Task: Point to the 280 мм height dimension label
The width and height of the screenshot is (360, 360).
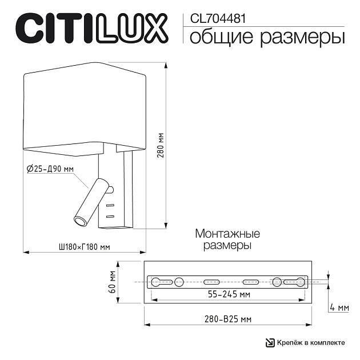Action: [161, 145]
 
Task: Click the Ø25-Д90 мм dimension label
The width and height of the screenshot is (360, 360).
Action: [50, 169]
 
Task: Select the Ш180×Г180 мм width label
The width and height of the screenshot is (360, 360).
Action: [83, 247]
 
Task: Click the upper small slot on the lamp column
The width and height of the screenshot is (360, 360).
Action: [110, 205]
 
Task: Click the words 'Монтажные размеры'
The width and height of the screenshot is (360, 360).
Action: [227, 239]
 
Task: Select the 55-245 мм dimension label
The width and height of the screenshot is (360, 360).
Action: [228, 294]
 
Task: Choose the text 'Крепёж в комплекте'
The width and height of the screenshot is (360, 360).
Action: [311, 342]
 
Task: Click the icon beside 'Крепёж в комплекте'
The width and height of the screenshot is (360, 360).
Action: [270, 342]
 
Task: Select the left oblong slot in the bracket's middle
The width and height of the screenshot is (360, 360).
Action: [211, 281]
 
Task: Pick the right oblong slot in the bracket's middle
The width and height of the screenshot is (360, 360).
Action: [250, 281]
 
